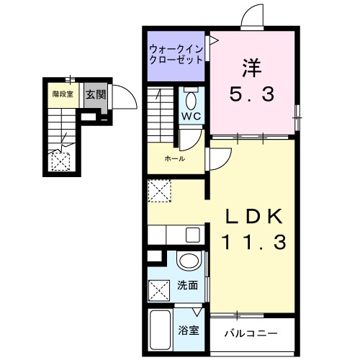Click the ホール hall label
pyautogui.click(x=175, y=158)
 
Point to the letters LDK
pyautogui.click(x=252, y=217)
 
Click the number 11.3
pyautogui.click(x=252, y=242)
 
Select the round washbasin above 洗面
pyautogui.click(x=189, y=261)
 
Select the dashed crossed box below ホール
pyautogui.click(x=160, y=192)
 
